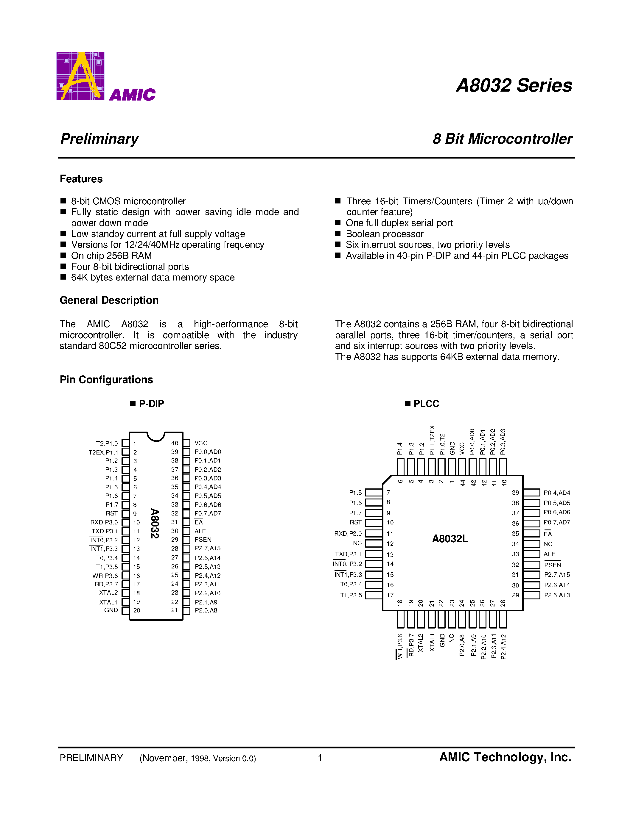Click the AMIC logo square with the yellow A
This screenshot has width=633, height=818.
tap(80, 76)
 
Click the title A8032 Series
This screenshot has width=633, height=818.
tap(514, 85)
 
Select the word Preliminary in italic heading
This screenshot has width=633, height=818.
tap(99, 139)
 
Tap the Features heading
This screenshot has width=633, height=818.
tap(81, 179)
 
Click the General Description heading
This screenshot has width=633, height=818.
tap(109, 300)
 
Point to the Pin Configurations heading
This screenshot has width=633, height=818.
tap(106, 380)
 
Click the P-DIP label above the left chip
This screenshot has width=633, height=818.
tap(151, 404)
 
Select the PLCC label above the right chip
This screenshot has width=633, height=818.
tap(426, 404)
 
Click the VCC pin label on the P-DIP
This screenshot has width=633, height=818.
tap(201, 443)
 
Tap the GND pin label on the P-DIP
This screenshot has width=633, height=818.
tap(111, 610)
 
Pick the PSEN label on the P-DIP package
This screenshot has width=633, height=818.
tap(203, 540)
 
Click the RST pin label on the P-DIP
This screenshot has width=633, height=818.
tap(112, 513)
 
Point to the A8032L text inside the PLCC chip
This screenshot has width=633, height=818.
tap(450, 539)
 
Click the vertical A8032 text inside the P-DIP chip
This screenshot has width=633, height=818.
tap(155, 523)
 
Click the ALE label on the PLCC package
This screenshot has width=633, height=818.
tap(549, 554)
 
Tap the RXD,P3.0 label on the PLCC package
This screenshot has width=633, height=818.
tap(348, 534)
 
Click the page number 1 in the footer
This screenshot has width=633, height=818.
tap(320, 758)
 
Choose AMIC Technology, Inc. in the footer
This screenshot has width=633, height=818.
tap(505, 757)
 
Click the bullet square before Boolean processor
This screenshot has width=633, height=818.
tap(338, 234)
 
